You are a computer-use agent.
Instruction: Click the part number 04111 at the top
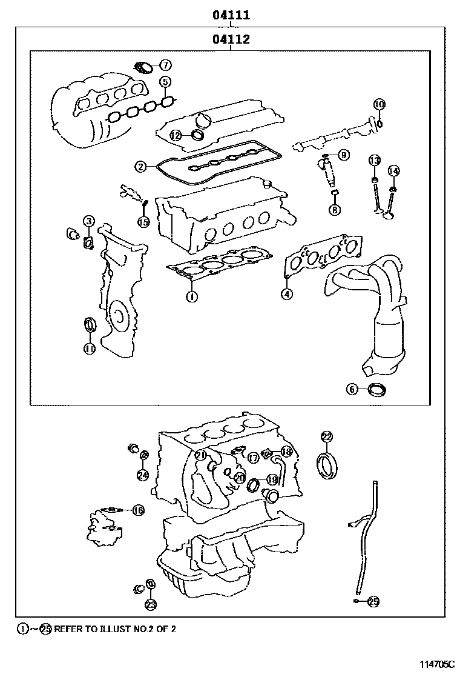tap(231, 15)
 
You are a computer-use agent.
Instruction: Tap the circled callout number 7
tap(165, 65)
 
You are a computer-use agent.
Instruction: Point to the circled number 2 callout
tap(140, 166)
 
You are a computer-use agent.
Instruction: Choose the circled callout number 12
tap(175, 135)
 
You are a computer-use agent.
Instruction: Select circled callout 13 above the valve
tap(375, 160)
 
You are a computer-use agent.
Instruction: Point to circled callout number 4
tap(286, 294)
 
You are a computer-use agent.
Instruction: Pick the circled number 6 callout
tap(352, 389)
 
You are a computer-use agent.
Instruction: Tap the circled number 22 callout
tap(326, 436)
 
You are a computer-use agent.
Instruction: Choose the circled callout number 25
tap(373, 601)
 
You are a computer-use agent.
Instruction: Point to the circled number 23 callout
tap(150, 604)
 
